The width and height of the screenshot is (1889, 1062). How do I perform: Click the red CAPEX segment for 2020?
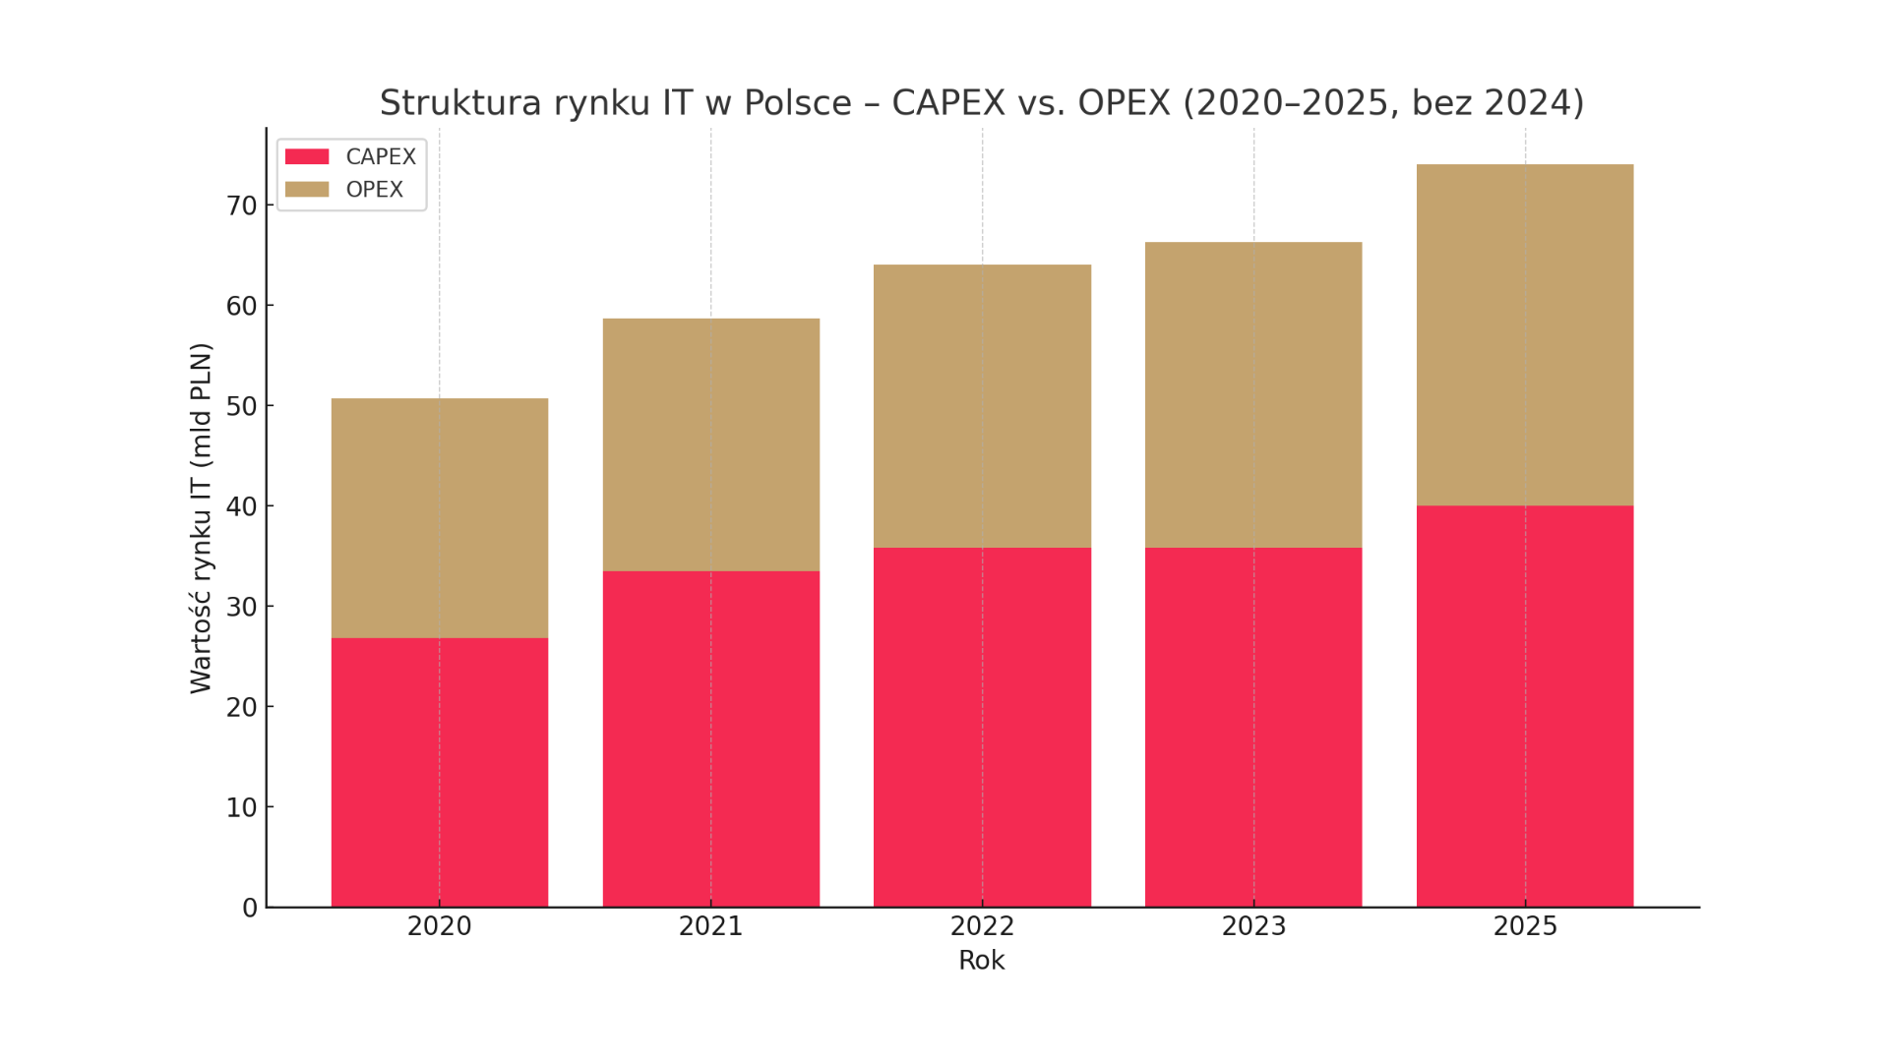[439, 772]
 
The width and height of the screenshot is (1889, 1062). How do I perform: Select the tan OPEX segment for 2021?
[710, 444]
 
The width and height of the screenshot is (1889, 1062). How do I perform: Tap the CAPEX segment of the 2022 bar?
[982, 727]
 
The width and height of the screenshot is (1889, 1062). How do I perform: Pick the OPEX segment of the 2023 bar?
[1252, 394]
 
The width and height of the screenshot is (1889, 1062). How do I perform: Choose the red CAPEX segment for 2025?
[1524, 706]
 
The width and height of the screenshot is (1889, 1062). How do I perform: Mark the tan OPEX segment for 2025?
[1524, 334]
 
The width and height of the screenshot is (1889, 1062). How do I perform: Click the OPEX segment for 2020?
[439, 518]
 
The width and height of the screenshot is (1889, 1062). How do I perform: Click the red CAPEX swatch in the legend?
[307, 157]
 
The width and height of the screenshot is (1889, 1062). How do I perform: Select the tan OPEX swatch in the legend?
[307, 190]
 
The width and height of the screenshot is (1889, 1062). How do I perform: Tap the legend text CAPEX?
[381, 157]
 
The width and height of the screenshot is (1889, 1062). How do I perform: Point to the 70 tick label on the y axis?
[241, 206]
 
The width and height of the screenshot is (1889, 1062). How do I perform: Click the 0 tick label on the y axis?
[250, 908]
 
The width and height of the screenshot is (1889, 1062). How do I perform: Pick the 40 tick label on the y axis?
[241, 506]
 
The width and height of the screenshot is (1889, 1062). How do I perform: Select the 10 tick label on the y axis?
[241, 807]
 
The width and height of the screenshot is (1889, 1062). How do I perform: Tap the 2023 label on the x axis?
[1252, 926]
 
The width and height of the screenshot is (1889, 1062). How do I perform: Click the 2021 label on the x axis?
[710, 926]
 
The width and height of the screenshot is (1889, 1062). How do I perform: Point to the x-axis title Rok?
[981, 961]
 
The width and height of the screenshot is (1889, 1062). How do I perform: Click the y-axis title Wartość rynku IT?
[201, 518]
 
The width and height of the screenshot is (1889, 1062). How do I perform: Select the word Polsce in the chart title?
[797, 103]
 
